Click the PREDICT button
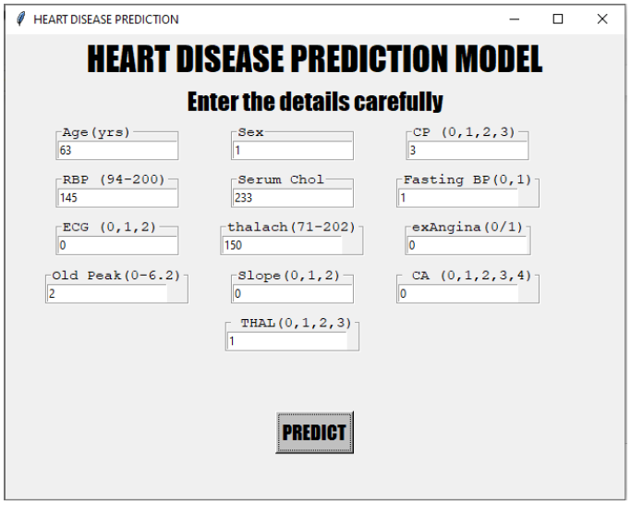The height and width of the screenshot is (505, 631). tap(314, 433)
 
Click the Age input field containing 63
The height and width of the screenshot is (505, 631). tap(116, 150)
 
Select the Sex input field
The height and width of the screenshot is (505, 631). tap(292, 150)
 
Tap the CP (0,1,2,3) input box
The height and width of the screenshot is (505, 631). tap(467, 150)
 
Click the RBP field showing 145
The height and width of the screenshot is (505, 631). tap(116, 198)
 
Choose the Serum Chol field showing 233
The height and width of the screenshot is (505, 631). tap(292, 198)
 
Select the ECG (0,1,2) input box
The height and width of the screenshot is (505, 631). tap(116, 246)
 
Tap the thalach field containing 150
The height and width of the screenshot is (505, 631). tap(282, 246)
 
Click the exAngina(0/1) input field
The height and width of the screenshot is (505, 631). tap(467, 246)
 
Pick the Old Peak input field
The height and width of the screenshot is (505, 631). tap(107, 293)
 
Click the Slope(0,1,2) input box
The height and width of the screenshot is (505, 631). tap(292, 293)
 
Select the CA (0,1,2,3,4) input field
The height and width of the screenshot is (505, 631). tap(458, 293)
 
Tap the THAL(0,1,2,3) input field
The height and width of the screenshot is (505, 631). tap(286, 341)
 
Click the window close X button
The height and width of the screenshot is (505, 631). tap(602, 18)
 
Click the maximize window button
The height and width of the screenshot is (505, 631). tap(558, 18)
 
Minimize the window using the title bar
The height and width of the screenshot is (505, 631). tap(515, 18)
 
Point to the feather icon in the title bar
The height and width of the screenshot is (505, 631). tap(20, 18)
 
